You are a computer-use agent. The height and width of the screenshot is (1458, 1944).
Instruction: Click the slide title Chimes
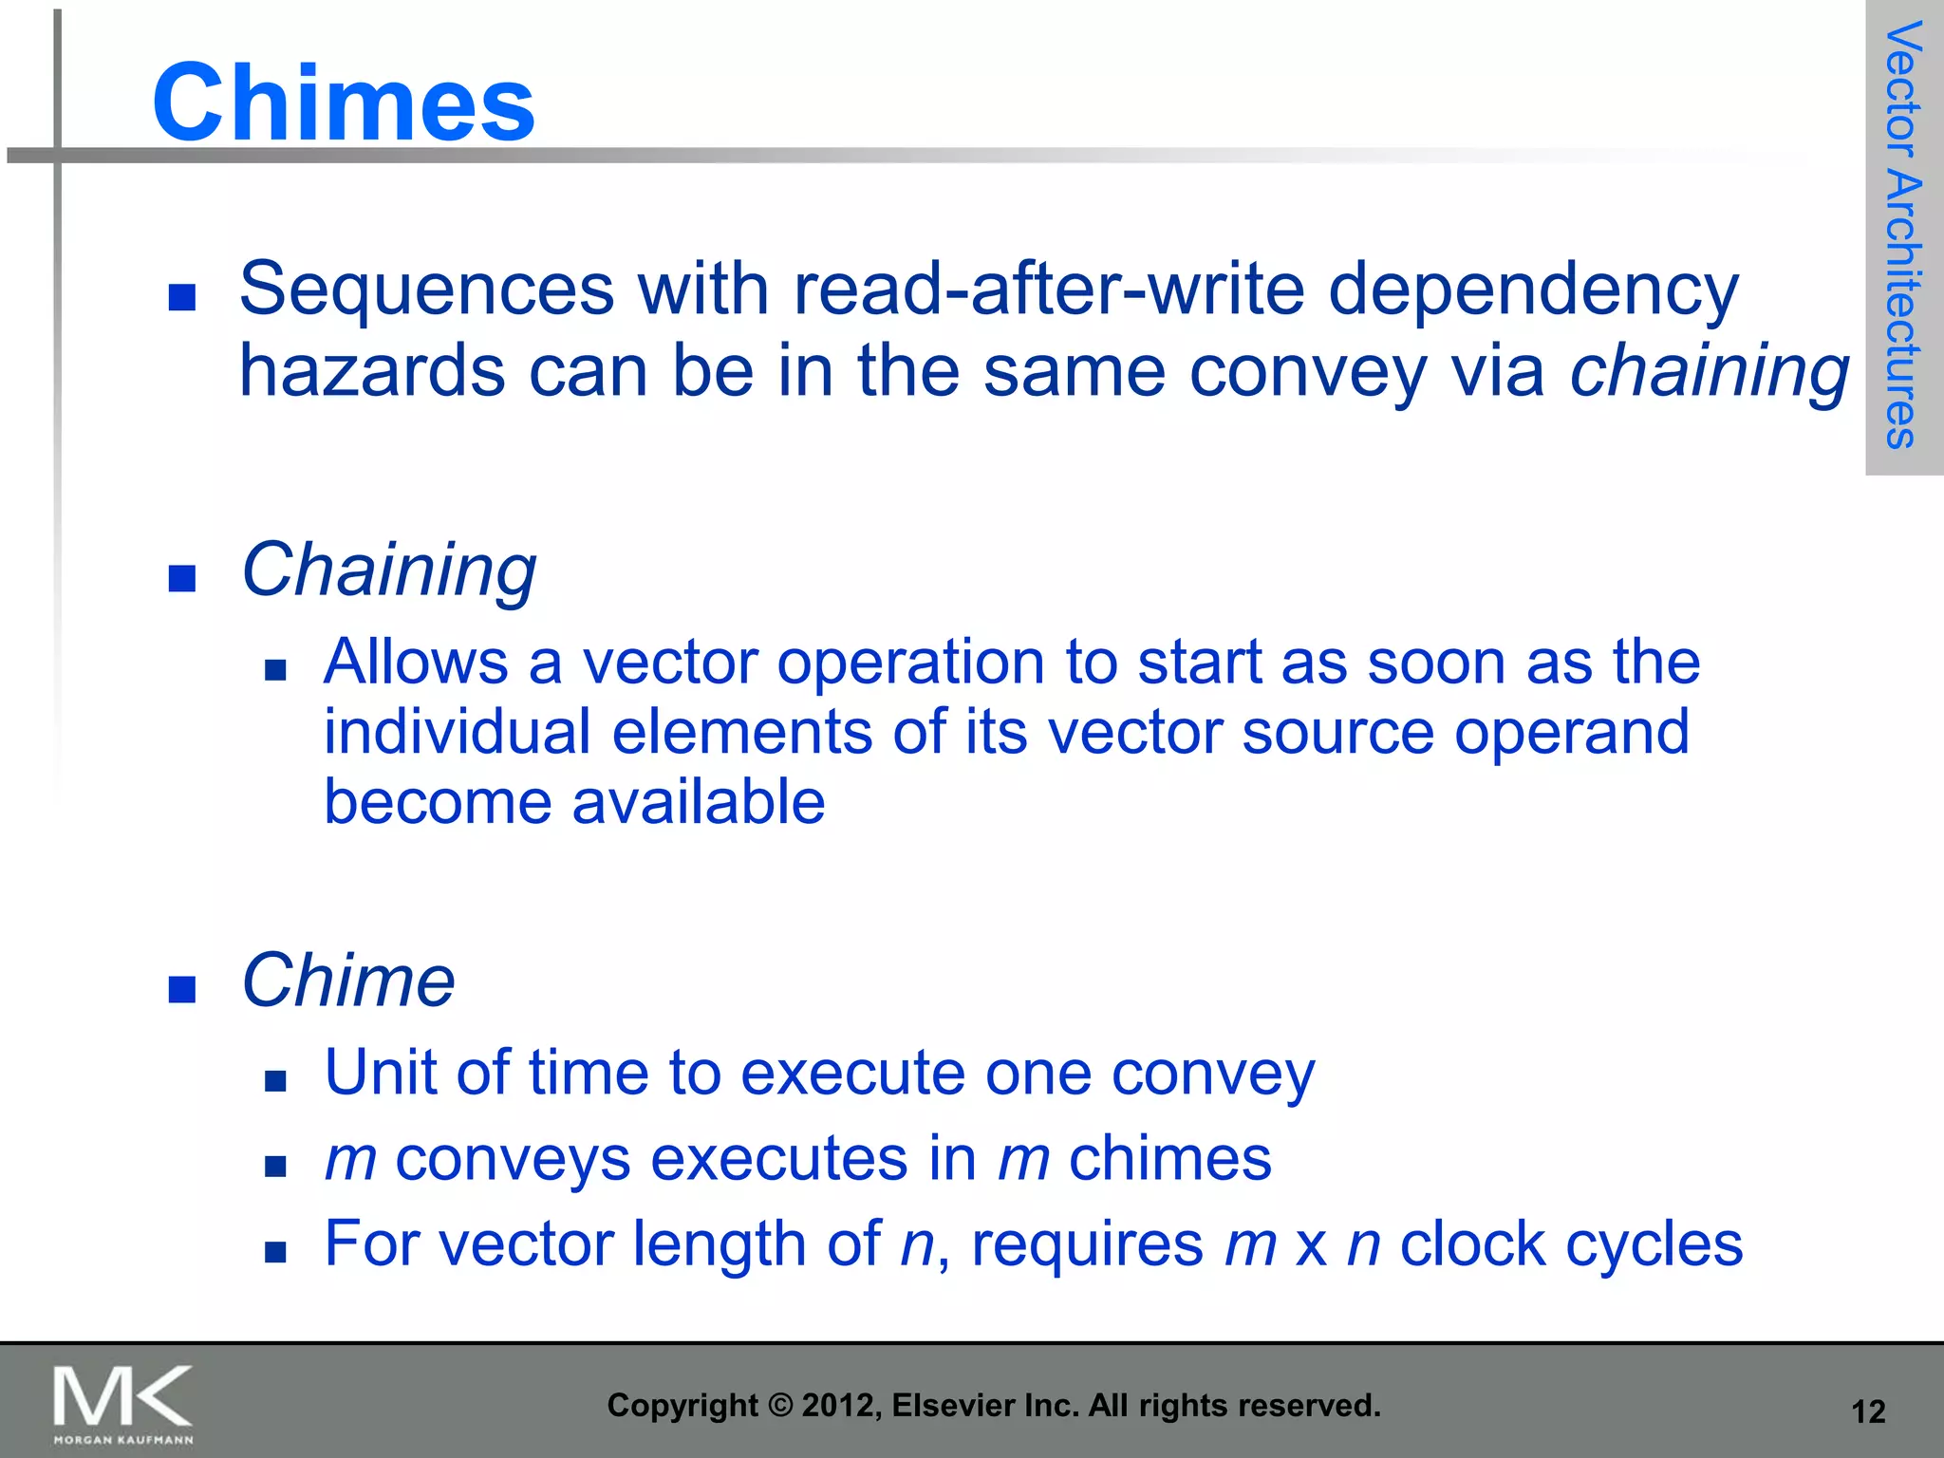point(344,103)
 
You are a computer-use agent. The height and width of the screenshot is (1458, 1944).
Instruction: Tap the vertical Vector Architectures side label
point(1903,235)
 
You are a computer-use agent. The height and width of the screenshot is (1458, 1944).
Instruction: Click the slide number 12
point(1868,1411)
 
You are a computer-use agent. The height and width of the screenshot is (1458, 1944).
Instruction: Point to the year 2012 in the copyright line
point(832,1405)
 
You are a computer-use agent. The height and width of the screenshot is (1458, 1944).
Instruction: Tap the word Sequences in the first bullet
point(426,289)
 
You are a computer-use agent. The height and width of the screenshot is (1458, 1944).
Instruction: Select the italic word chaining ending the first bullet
point(1709,372)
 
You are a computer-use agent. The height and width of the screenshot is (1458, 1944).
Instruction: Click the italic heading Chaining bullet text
point(388,570)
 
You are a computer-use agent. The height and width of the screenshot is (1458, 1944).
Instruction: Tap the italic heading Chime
point(348,981)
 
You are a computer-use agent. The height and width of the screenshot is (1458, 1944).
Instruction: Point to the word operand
point(1571,733)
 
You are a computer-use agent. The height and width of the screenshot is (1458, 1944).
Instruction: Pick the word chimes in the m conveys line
point(1169,1159)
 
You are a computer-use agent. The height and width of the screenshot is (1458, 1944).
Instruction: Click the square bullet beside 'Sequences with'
point(181,298)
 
